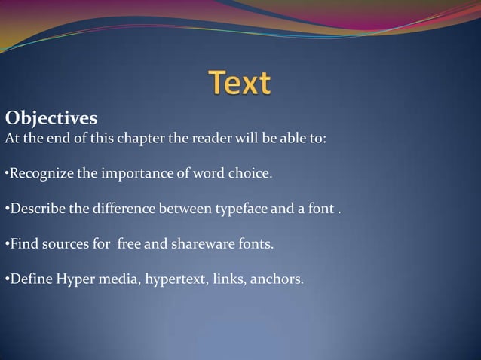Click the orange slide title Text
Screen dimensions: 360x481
[240, 83]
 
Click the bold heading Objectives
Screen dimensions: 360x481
[51, 119]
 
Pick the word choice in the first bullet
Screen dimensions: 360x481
[250, 175]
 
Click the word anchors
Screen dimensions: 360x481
[278, 280]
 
